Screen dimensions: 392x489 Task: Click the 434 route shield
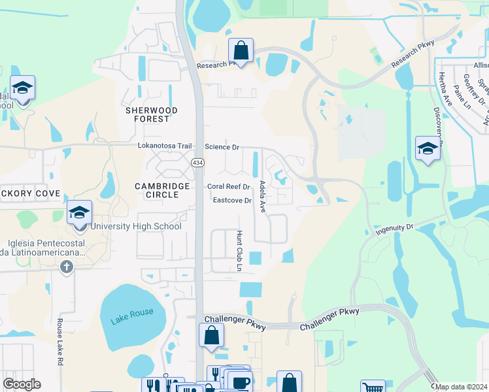[197, 161]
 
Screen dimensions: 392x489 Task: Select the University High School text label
[135, 227]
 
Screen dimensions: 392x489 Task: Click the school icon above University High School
[79, 214]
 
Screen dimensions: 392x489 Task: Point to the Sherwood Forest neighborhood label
[152, 115]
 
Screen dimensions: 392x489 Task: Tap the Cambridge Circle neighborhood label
[157, 190]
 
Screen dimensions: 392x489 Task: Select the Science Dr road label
[222, 148]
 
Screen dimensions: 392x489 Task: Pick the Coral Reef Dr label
[229, 187]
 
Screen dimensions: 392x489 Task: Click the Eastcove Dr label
[232, 201]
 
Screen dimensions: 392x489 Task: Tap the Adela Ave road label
[262, 197]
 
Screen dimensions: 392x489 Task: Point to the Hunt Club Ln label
[239, 251]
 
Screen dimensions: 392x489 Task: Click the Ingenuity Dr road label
[395, 229]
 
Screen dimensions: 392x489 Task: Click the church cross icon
[66, 267]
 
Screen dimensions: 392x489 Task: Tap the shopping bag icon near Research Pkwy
[241, 51]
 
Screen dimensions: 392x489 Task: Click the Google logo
[22, 384]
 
